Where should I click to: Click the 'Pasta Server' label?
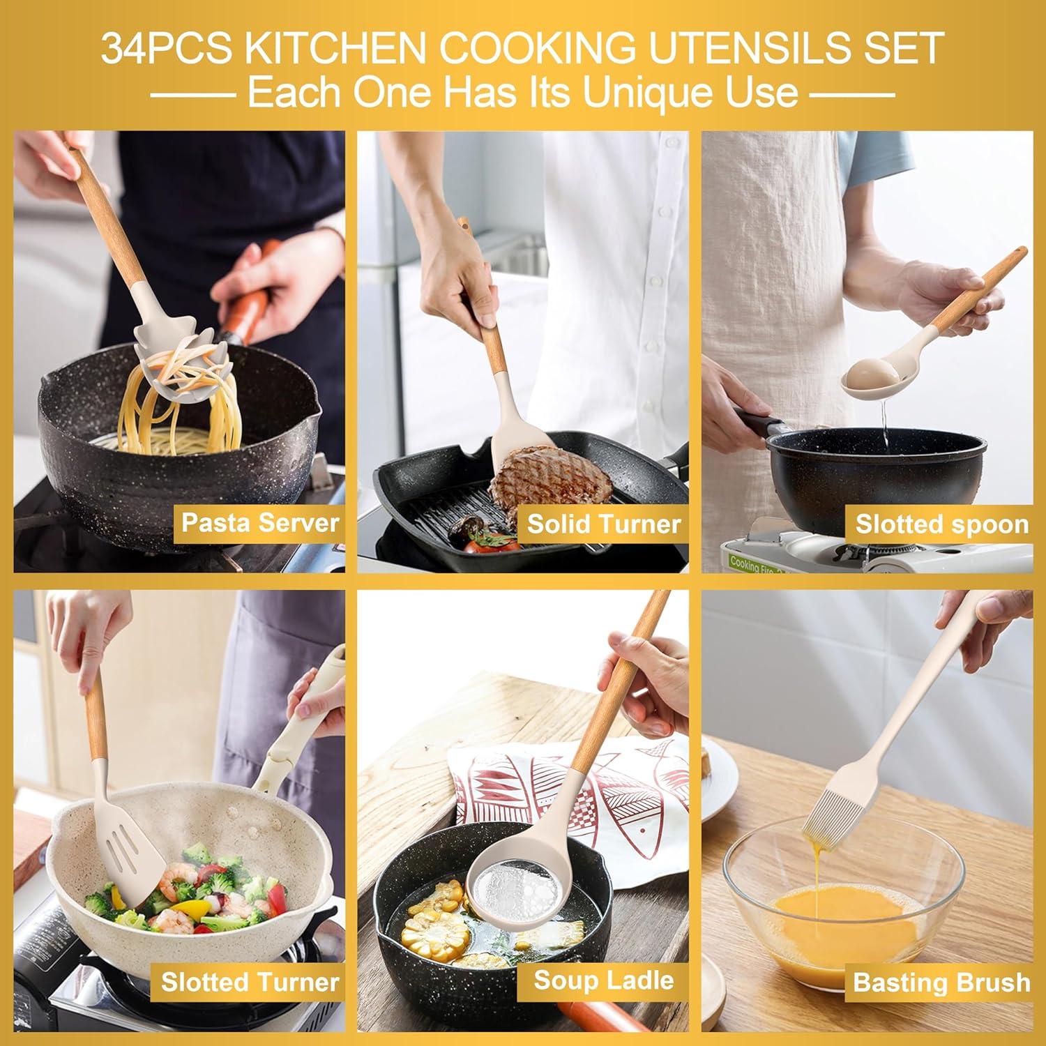(259, 523)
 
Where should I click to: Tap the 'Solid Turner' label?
(603, 524)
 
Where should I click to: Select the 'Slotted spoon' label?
(941, 524)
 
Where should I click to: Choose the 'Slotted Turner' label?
(250, 982)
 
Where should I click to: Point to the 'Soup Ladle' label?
(603, 980)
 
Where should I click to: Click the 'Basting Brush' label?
(941, 983)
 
